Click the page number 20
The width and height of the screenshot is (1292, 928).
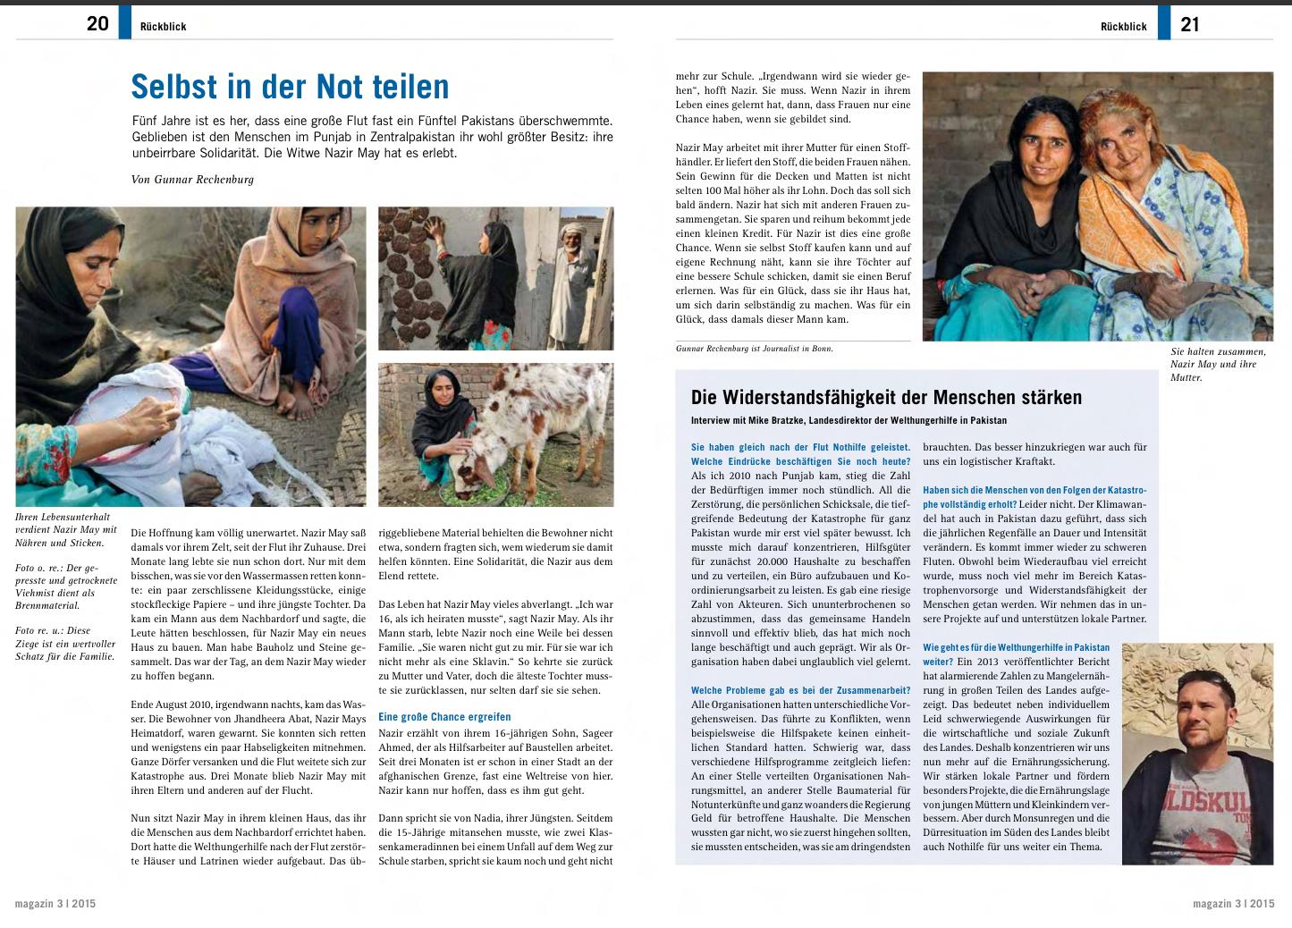coord(97,24)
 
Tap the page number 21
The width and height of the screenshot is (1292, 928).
coord(1189,24)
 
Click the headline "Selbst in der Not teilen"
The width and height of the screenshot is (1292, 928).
coord(290,87)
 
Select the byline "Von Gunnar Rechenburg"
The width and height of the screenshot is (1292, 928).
coord(192,180)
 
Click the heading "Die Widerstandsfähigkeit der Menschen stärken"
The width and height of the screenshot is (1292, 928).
coord(886,398)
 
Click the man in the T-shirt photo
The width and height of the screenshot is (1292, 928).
coord(1196,751)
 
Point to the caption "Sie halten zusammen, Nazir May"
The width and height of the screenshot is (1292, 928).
coord(1218,358)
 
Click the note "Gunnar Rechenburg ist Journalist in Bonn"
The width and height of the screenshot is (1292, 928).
coord(755,349)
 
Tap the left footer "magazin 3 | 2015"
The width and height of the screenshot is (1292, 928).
coord(55,904)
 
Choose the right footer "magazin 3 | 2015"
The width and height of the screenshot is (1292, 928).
coord(1233,904)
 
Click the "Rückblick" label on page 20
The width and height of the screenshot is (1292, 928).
coord(163,27)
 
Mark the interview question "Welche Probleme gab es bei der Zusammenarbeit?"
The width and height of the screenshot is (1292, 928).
coord(800,691)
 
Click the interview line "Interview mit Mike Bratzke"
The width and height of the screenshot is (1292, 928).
coord(849,420)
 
